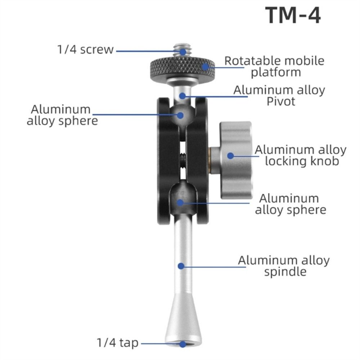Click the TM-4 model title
point(293,15)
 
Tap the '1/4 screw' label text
point(85,49)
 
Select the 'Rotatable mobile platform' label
point(275,67)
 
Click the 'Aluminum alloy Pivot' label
point(279,95)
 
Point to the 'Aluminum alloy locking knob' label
point(301,155)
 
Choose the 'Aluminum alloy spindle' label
point(284,266)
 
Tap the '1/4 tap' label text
point(118,343)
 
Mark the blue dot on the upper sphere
point(181,115)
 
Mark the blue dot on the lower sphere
point(180,202)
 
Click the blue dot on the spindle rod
point(181,266)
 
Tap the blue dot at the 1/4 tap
point(183,344)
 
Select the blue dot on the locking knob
point(230,156)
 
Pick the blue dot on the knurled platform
point(205,67)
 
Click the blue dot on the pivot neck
point(183,96)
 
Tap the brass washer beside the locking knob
point(210,160)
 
